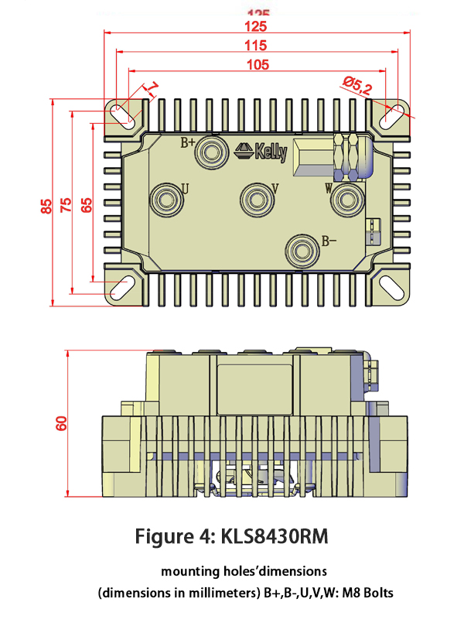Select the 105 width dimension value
[x=257, y=65]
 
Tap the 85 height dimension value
[x=47, y=205]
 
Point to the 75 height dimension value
[x=67, y=205]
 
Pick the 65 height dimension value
[x=86, y=205]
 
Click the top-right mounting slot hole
[x=391, y=115]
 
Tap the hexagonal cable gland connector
[x=350, y=156]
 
